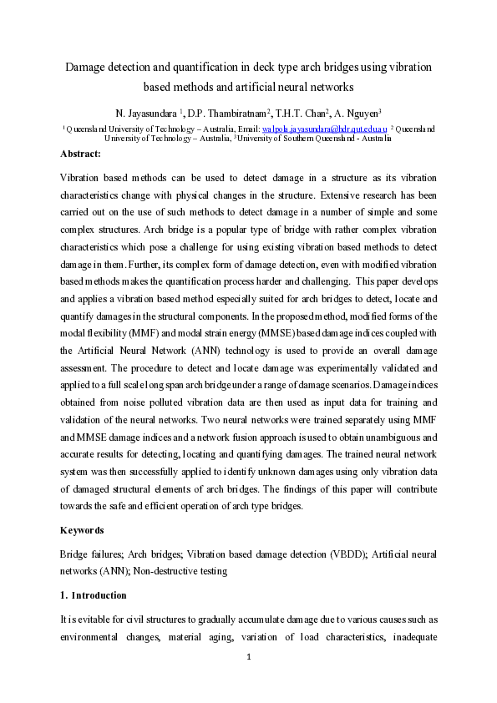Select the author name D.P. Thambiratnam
(x=231, y=112)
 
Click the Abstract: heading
(x=80, y=154)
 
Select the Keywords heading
(x=83, y=530)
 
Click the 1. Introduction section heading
(x=94, y=595)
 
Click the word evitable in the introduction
(x=95, y=619)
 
